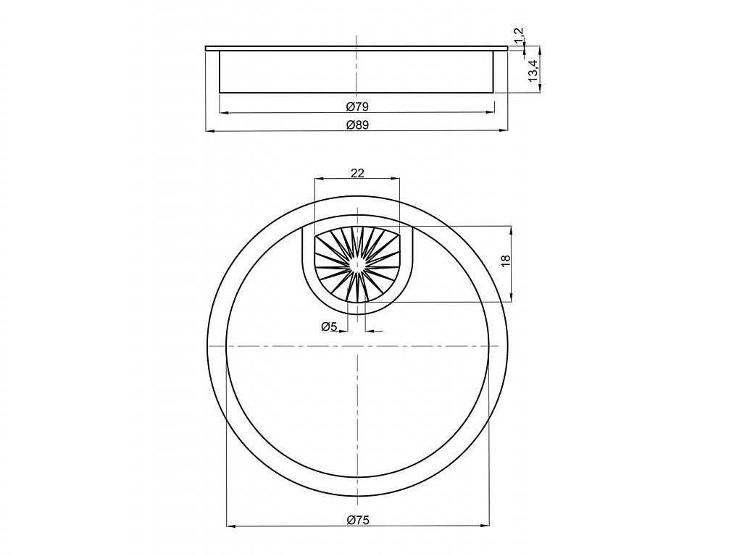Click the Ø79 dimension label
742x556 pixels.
click(x=357, y=106)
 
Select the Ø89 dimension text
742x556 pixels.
click(x=357, y=125)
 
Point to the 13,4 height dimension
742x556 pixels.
click(x=533, y=71)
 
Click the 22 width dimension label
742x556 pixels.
click(x=357, y=173)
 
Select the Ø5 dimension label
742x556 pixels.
click(x=329, y=327)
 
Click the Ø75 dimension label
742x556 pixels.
click(x=357, y=520)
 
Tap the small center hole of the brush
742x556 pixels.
click(x=357, y=266)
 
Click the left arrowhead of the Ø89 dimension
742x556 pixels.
click(x=211, y=130)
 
